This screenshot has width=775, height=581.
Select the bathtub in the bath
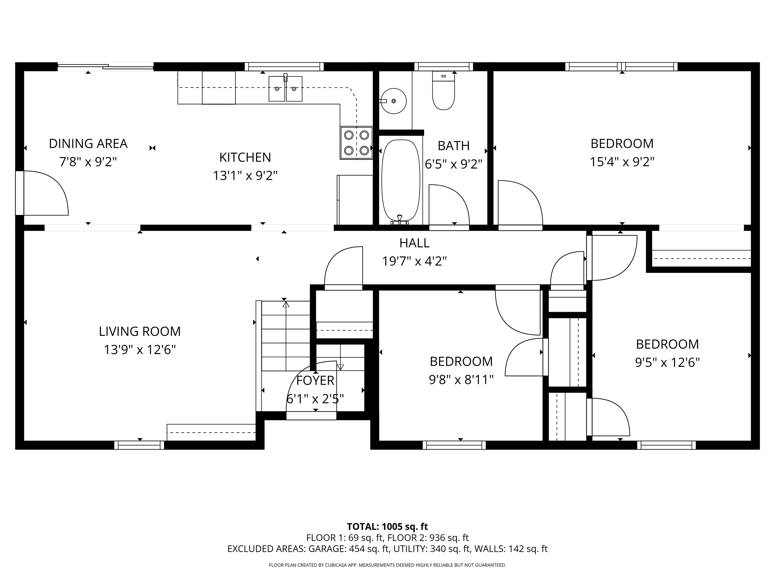[x=400, y=181]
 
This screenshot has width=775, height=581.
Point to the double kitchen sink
[x=286, y=88]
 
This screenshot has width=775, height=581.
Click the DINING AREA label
[x=88, y=143]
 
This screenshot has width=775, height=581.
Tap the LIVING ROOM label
[x=140, y=331]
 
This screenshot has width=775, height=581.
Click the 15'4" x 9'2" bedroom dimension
[x=622, y=162]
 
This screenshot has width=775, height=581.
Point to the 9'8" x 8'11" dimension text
[x=461, y=380]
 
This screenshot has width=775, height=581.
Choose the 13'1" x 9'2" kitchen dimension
[x=245, y=176]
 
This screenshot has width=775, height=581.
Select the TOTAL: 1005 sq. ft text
[x=387, y=527]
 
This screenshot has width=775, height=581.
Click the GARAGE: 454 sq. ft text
[x=349, y=549]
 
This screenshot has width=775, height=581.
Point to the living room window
[x=139, y=445]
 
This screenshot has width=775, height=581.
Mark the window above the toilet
[x=444, y=67]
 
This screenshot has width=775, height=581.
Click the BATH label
[x=454, y=146]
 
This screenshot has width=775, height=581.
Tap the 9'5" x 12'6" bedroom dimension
[x=668, y=362]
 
